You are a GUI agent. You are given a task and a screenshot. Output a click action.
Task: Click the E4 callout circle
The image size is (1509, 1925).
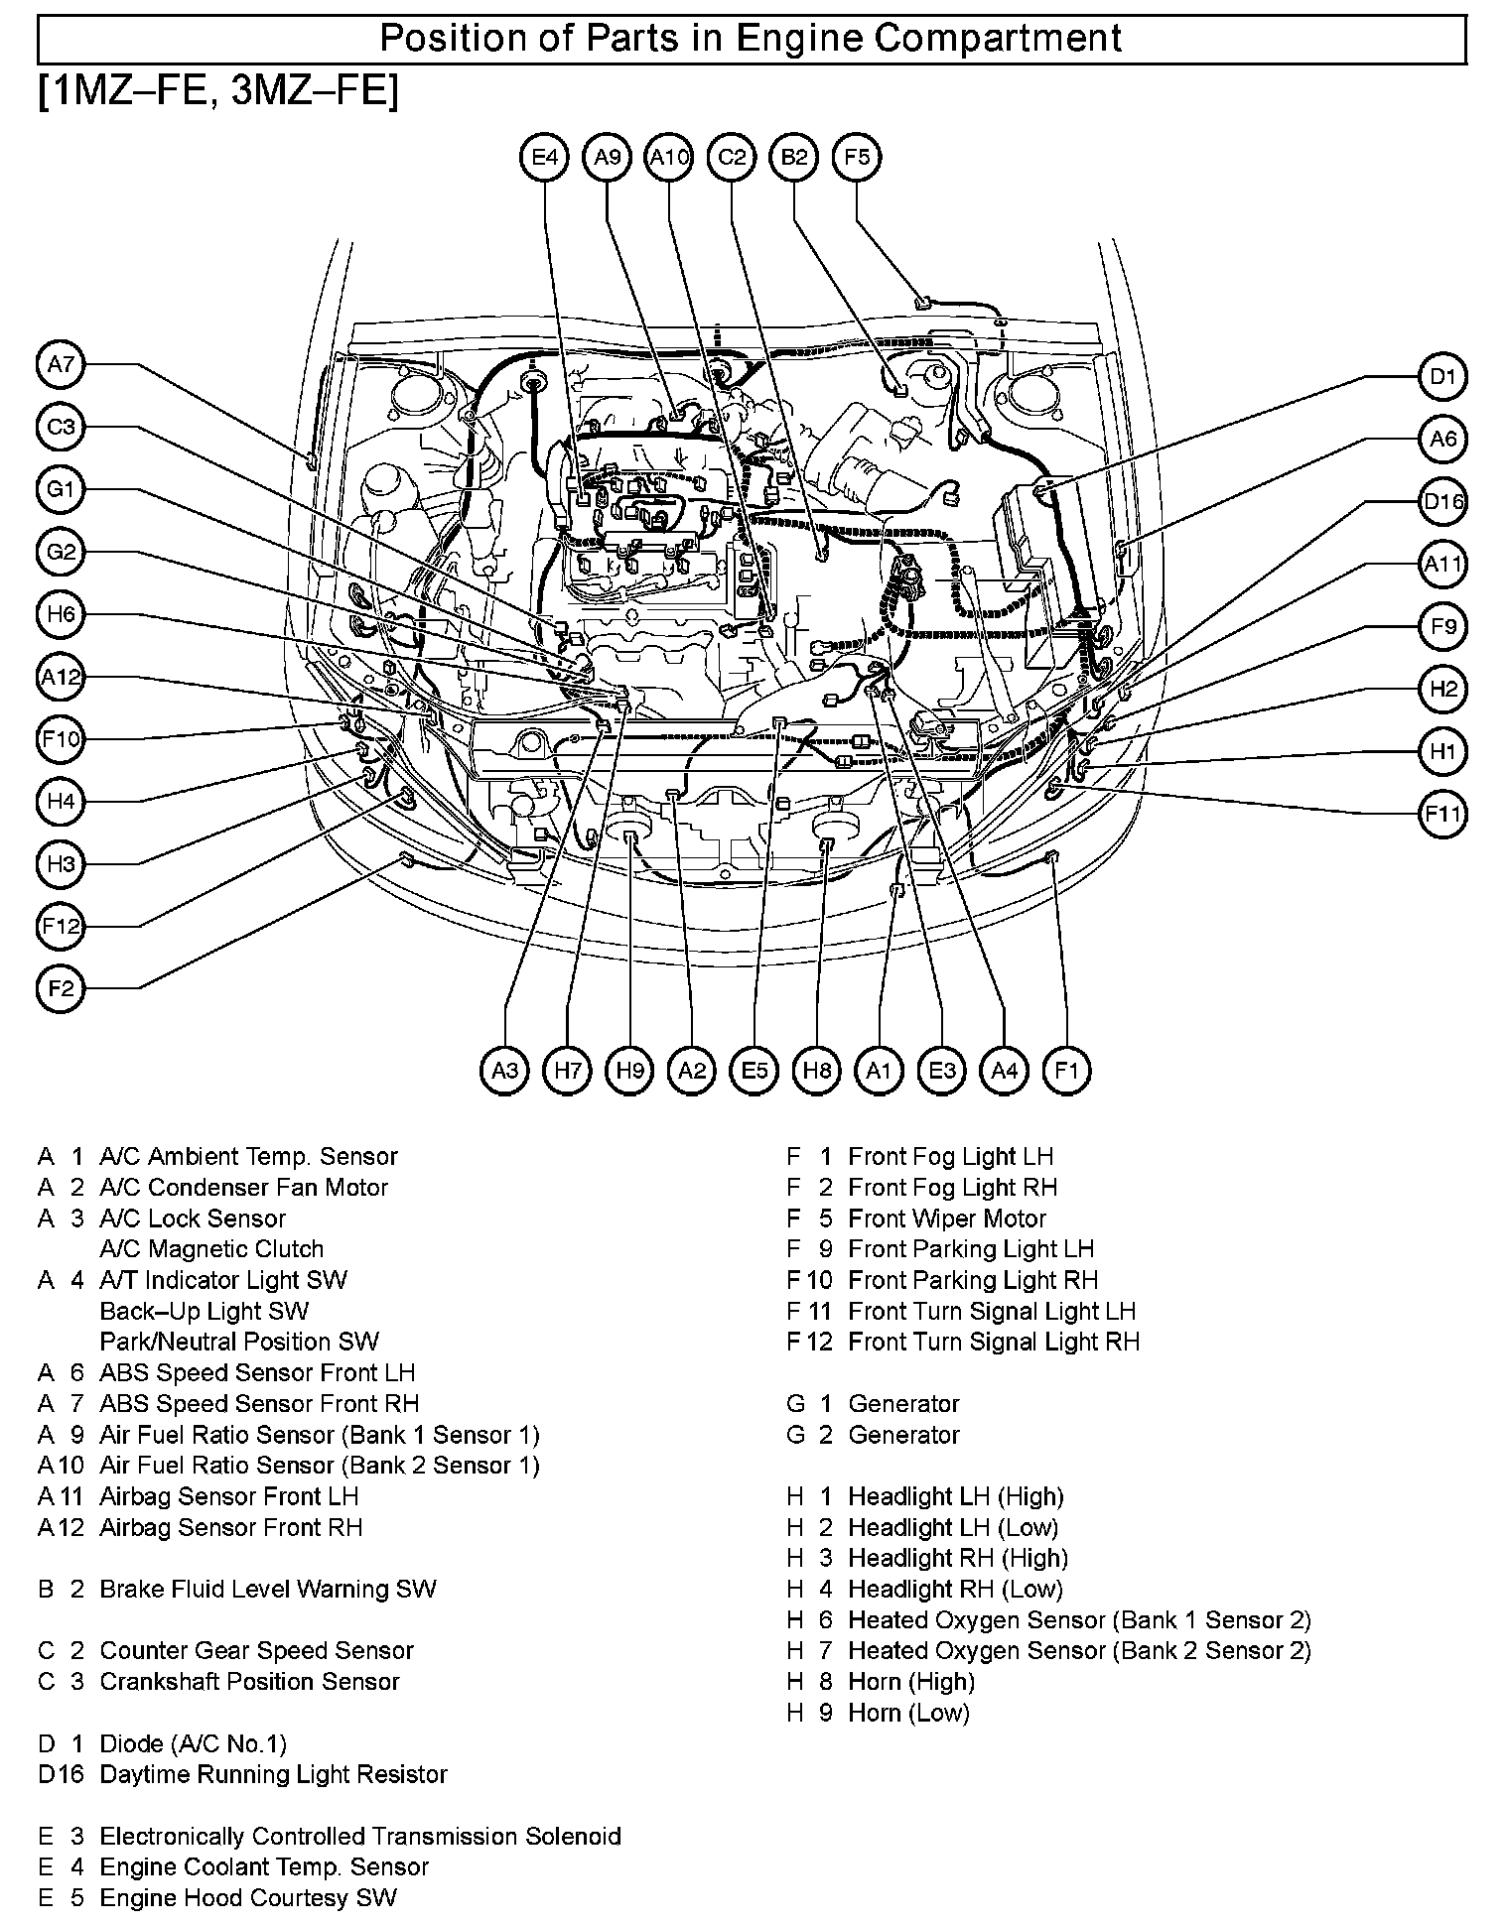click(x=545, y=157)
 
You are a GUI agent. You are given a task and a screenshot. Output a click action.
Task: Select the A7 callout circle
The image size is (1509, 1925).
click(x=62, y=364)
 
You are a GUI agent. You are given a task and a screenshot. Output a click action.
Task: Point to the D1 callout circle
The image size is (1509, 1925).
click(x=1441, y=377)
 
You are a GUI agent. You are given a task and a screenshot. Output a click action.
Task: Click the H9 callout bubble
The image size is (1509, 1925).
click(x=629, y=1071)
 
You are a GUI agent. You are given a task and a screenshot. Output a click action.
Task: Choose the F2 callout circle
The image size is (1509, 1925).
click(x=62, y=988)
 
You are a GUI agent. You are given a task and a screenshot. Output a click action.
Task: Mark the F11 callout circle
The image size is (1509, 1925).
click(x=1441, y=815)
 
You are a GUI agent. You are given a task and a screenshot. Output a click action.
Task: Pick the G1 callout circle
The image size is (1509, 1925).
click(x=62, y=489)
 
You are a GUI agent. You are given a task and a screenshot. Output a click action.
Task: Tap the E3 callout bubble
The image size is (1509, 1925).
click(x=941, y=1071)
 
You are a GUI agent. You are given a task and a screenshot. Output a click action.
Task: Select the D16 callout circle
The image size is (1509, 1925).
click(x=1441, y=502)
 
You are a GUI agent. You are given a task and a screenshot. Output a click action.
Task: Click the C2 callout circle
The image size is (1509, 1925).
click(x=732, y=157)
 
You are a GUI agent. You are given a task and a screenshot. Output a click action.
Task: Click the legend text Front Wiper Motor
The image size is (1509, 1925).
click(x=946, y=1219)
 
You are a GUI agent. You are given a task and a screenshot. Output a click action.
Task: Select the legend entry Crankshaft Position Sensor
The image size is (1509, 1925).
click(x=249, y=1682)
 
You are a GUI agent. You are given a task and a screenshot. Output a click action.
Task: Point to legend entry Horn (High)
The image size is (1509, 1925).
click(x=911, y=1682)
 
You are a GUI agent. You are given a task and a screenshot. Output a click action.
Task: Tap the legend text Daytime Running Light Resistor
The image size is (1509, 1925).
click(x=273, y=1774)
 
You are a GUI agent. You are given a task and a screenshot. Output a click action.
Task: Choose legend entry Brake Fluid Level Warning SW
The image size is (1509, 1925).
click(x=268, y=1590)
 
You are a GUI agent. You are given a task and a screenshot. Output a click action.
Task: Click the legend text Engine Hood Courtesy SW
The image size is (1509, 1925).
click(x=248, y=1898)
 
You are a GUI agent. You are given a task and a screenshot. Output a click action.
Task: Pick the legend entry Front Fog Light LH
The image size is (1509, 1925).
click(x=950, y=1157)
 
